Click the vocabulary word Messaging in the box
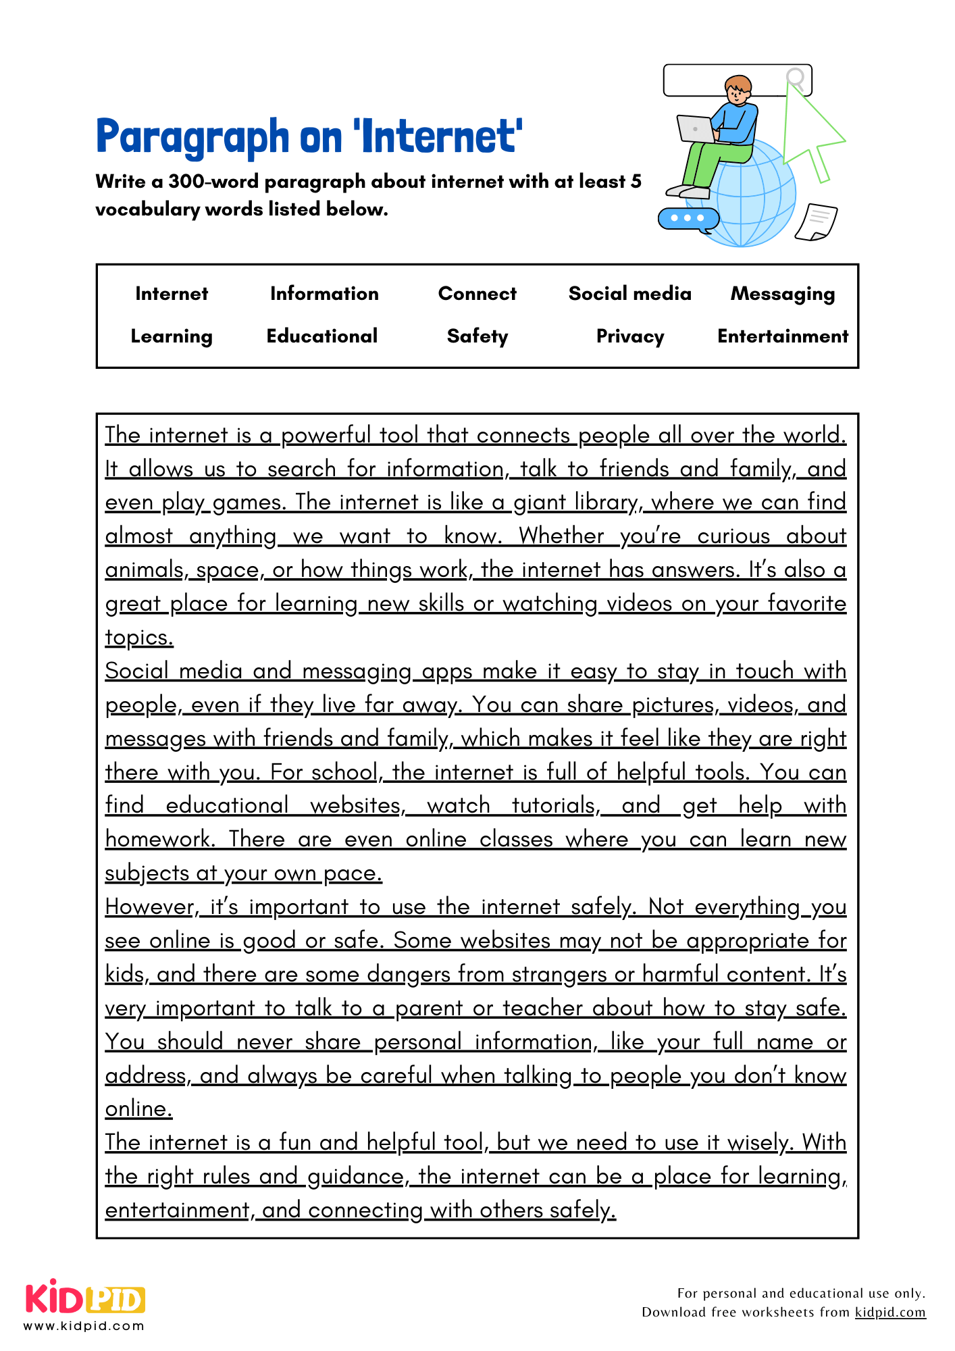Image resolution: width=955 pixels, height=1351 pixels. [782, 294]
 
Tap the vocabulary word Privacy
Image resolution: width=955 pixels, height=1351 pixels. [629, 336]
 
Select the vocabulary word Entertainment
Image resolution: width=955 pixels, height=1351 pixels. [782, 336]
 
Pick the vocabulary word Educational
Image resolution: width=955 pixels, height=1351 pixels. [322, 336]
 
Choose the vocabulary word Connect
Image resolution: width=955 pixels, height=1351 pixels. [477, 294]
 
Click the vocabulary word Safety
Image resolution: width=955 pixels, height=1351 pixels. [477, 336]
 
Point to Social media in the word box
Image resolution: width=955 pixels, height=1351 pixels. [629, 294]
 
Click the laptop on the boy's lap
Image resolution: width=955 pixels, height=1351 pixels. [695, 128]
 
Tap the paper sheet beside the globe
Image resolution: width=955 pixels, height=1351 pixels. [817, 222]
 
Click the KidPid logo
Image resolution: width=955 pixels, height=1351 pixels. [85, 1298]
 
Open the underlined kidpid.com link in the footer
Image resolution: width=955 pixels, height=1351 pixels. [889, 1312]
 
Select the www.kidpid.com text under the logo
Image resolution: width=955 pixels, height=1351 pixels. [84, 1326]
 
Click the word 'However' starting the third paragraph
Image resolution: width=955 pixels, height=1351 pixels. [149, 907]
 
